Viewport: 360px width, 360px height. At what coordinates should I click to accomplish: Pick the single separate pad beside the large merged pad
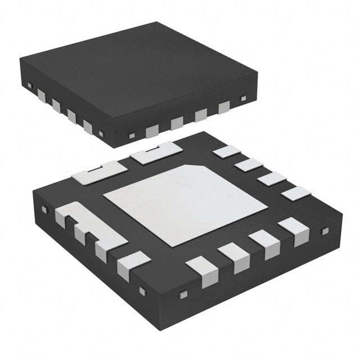tap(129, 264)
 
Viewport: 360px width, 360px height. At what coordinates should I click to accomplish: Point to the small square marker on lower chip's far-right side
tap(324, 231)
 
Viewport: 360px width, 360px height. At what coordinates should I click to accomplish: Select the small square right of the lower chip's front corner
tap(182, 294)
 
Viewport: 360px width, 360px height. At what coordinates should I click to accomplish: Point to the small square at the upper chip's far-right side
tap(244, 99)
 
